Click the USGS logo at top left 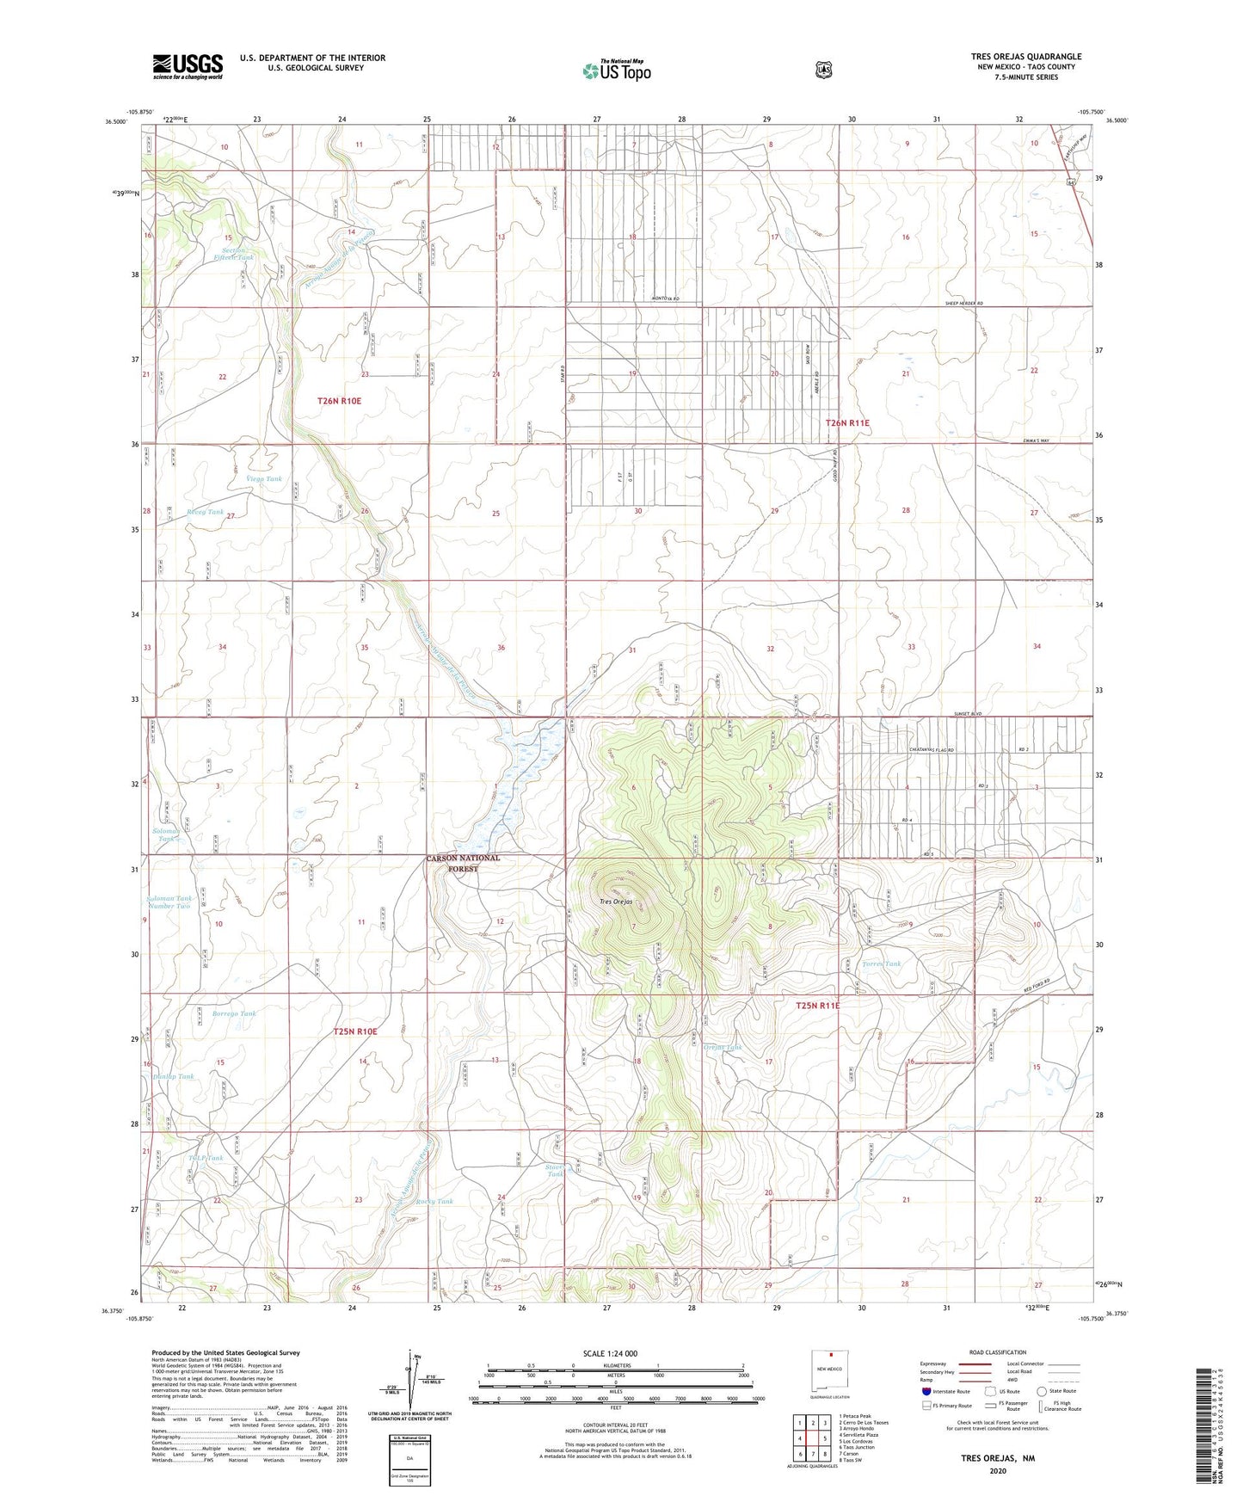188,66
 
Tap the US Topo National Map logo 616,70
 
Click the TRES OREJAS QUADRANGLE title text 1026,57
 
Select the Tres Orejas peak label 617,902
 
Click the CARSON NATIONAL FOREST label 463,863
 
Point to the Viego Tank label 264,479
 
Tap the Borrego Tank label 234,1013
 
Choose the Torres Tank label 882,964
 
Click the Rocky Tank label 434,1202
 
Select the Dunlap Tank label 174,1076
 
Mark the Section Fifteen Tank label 233,254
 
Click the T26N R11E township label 847,423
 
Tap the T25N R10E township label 355,1031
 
